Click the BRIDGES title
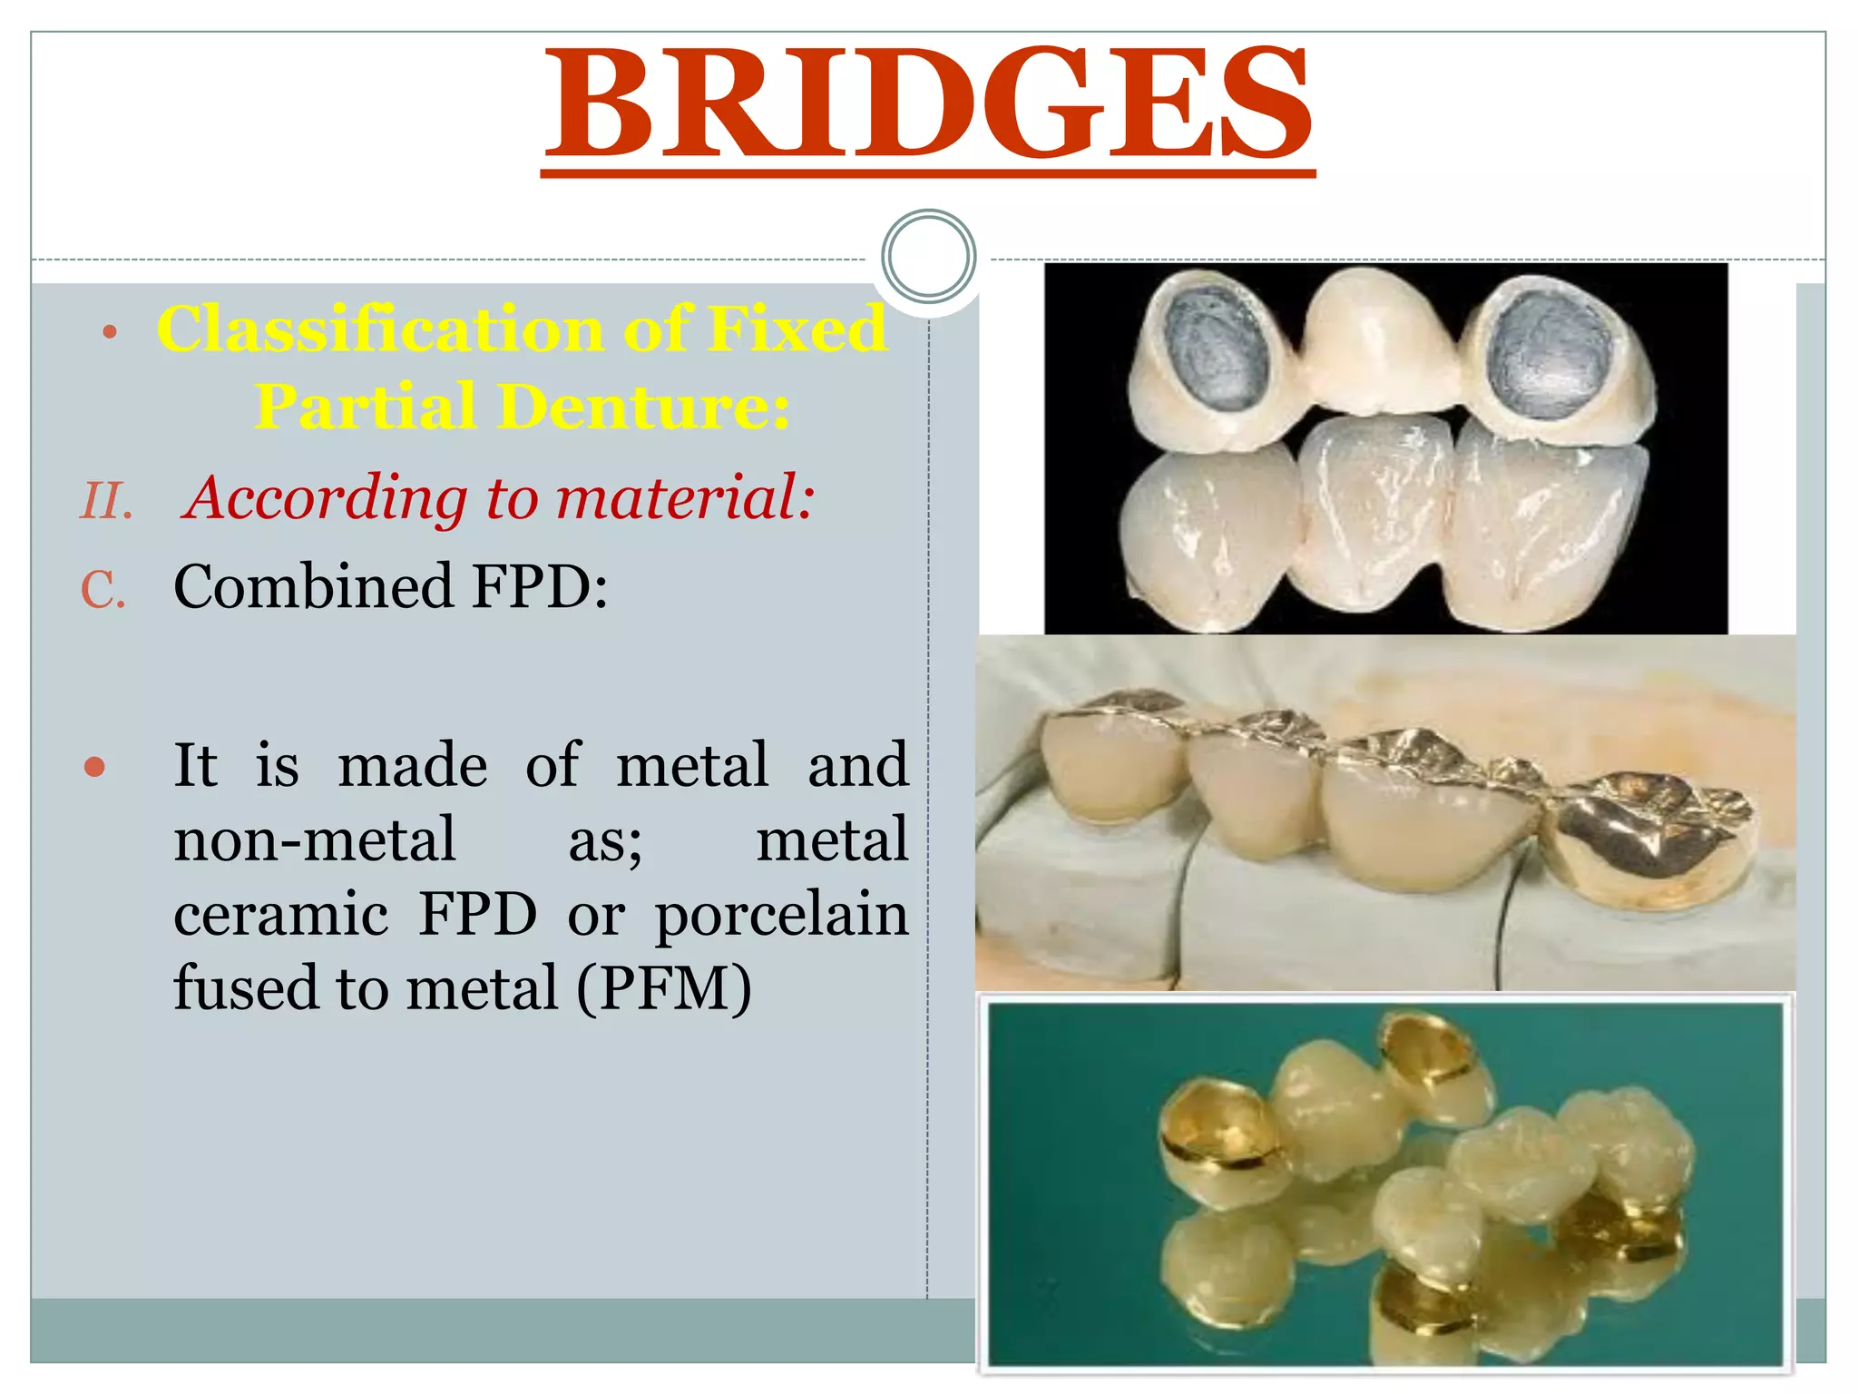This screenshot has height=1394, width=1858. (x=927, y=104)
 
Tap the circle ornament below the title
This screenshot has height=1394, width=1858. (x=928, y=256)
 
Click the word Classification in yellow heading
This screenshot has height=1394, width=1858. (x=380, y=329)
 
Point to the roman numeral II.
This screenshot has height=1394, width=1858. (x=106, y=501)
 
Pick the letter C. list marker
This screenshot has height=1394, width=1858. (x=103, y=590)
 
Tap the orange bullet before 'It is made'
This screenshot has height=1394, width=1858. (x=94, y=768)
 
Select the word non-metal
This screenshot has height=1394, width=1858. (x=315, y=839)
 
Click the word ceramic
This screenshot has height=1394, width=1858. (x=281, y=914)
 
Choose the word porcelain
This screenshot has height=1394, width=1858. (x=781, y=916)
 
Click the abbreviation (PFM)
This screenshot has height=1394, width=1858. (x=664, y=988)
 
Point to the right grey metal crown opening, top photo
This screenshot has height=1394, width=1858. (x=1551, y=349)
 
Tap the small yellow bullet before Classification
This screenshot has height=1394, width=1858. (x=110, y=333)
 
